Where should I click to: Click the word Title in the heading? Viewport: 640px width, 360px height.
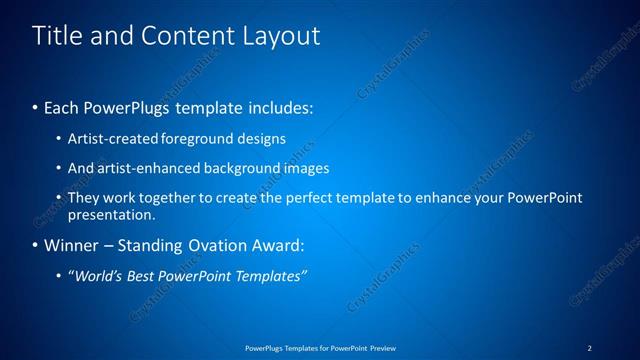pyautogui.click(x=55, y=37)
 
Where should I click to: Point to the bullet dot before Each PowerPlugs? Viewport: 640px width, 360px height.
pyautogui.click(x=36, y=105)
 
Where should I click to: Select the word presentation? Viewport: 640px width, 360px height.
pyautogui.click(x=111, y=214)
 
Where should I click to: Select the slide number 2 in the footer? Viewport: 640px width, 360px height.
pyautogui.click(x=589, y=347)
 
